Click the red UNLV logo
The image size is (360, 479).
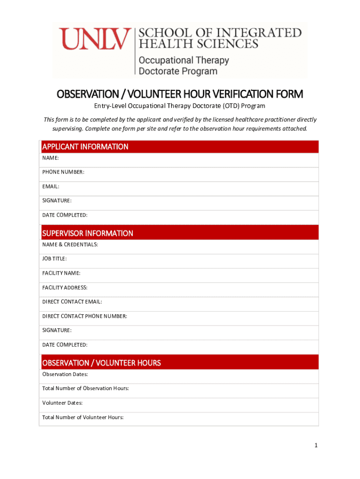pyautogui.click(x=94, y=39)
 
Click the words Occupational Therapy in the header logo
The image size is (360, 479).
pyautogui.click(x=183, y=60)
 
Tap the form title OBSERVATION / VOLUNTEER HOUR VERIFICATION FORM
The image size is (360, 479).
pyautogui.click(x=180, y=94)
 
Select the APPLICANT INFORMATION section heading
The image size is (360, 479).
pyautogui.click(x=85, y=147)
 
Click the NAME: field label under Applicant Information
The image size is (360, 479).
pyautogui.click(x=50, y=158)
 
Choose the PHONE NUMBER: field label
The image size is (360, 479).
pyautogui.click(x=64, y=172)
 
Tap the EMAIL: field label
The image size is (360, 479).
pyautogui.click(x=51, y=187)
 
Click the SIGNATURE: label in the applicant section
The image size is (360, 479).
pyautogui.click(x=57, y=201)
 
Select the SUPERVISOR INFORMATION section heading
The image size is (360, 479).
pyautogui.click(x=87, y=233)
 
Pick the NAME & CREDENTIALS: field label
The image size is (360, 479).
pyautogui.click(x=70, y=245)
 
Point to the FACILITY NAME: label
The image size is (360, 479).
pyautogui.click(x=61, y=273)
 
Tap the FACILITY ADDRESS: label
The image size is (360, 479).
pyautogui.click(x=65, y=288)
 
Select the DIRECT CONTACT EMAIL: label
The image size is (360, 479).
pyautogui.click(x=72, y=302)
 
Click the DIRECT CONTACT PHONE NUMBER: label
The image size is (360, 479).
pyautogui.click(x=85, y=316)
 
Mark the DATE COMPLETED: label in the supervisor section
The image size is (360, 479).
pyautogui.click(x=65, y=345)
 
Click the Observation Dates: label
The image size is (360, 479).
pyautogui.click(x=65, y=374)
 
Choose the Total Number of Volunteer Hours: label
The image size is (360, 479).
pyautogui.click(x=83, y=417)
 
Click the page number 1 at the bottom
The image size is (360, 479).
pyautogui.click(x=316, y=445)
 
